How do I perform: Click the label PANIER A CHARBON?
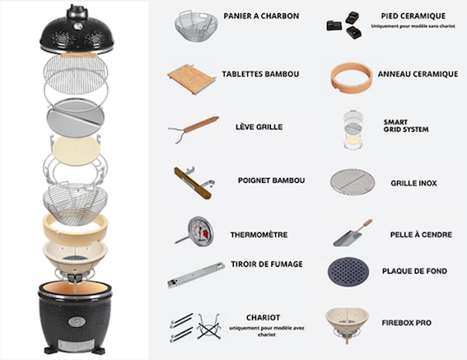click(x=261, y=16)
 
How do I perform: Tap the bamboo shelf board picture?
click(x=192, y=79)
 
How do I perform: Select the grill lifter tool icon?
click(x=194, y=129)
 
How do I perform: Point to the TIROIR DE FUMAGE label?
click(x=267, y=264)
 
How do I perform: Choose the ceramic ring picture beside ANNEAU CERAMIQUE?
click(x=352, y=77)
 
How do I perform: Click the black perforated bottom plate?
click(x=348, y=272)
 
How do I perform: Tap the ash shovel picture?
click(x=353, y=233)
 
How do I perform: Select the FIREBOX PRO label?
click(x=406, y=323)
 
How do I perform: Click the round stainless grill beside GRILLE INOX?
click(x=353, y=182)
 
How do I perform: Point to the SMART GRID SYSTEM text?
click(x=406, y=126)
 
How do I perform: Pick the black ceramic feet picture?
click(x=344, y=26)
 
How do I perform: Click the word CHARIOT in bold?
click(x=263, y=318)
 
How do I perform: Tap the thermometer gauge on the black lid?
click(x=77, y=26)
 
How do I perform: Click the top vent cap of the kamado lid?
click(x=77, y=12)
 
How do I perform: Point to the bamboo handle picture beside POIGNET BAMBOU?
click(x=194, y=183)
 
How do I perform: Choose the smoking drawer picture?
click(x=196, y=275)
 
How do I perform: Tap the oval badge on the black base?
click(x=77, y=322)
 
